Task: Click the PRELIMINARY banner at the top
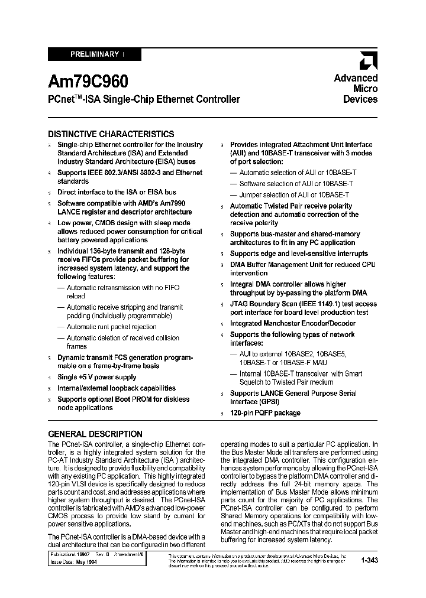(94, 54)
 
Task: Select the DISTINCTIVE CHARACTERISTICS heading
(111, 134)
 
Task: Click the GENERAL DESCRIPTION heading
(95, 434)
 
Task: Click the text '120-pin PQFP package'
(265, 413)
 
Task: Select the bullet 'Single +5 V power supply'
(96, 377)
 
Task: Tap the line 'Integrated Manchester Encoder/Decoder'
(293, 323)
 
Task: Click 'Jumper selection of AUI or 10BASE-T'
(294, 194)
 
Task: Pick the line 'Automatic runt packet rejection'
(111, 327)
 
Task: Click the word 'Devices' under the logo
(360, 100)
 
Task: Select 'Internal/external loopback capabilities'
(116, 388)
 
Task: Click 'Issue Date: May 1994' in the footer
(73, 564)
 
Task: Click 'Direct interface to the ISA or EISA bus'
(117, 192)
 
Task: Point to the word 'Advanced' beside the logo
(356, 78)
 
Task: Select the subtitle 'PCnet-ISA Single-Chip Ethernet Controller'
(144, 99)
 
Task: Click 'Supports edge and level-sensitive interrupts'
(299, 253)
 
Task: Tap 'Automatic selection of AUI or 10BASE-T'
(298, 173)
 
